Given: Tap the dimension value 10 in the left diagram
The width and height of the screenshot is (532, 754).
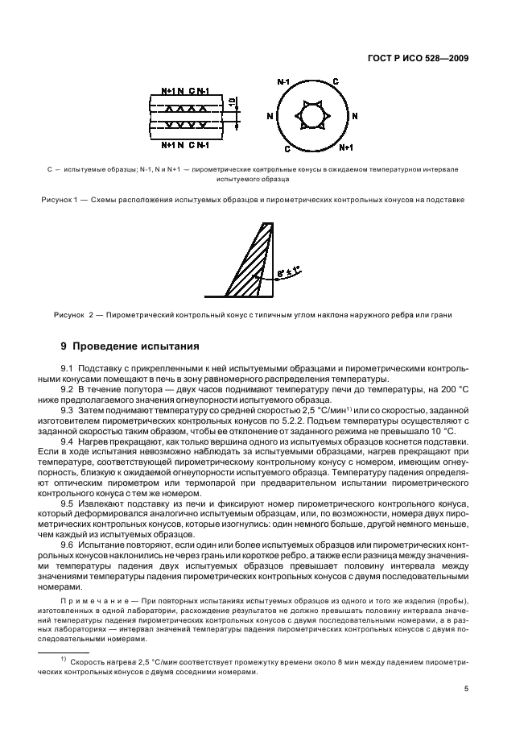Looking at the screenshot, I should (232, 102).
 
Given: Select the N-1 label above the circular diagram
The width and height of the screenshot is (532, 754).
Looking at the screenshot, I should (282, 82).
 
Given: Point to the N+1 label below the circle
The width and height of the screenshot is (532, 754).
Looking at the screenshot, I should (347, 148).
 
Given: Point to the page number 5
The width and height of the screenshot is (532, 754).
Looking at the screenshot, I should (466, 690).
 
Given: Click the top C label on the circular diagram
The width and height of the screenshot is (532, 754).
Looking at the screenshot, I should (336, 82).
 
